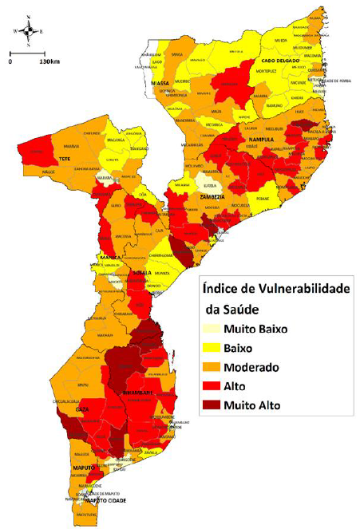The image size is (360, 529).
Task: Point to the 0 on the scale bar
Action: pyautogui.click(x=10, y=61)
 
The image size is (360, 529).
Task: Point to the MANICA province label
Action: pyautogui.click(x=110, y=258)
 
